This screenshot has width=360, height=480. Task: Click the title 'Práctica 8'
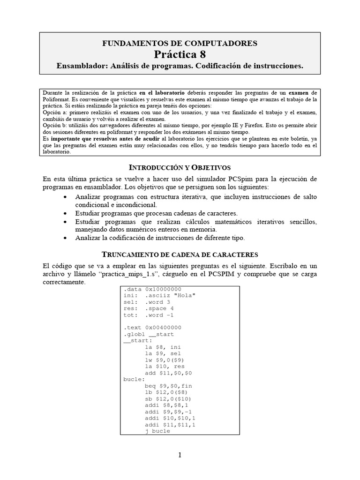click(x=180, y=54)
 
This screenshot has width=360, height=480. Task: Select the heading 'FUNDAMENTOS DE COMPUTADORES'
click(x=180, y=43)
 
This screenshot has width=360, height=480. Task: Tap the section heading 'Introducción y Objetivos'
click(x=180, y=167)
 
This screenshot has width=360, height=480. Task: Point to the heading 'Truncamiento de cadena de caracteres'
click(x=180, y=255)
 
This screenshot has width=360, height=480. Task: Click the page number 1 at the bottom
click(x=180, y=455)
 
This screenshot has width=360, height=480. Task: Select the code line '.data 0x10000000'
click(x=152, y=289)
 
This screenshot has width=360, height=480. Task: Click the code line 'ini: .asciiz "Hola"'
click(x=159, y=295)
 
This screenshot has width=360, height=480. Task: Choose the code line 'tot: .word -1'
click(x=150, y=315)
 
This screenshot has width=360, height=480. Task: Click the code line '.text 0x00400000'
click(x=152, y=327)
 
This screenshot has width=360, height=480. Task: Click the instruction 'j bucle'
click(x=158, y=431)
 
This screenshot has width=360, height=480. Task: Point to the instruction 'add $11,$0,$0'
click(x=169, y=373)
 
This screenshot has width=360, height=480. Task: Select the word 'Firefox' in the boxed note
click(x=272, y=126)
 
